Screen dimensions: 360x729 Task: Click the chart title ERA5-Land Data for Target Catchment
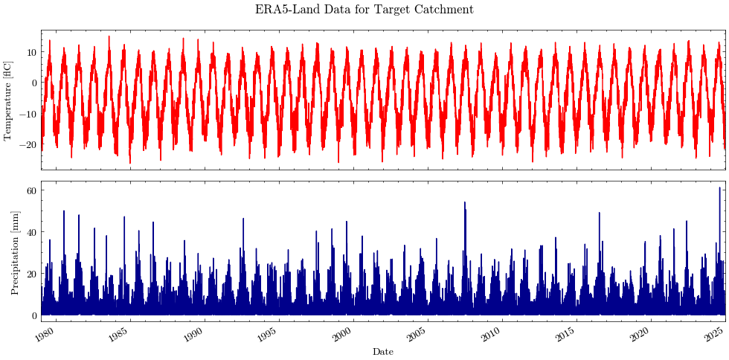pos(364,10)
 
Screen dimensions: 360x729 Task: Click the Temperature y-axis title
pos(8,100)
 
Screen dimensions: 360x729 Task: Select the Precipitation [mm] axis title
pos(16,253)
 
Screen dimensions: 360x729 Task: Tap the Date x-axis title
pos(383,352)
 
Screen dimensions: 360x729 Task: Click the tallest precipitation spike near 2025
pos(719,188)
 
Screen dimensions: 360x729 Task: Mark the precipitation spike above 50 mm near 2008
pos(465,203)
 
